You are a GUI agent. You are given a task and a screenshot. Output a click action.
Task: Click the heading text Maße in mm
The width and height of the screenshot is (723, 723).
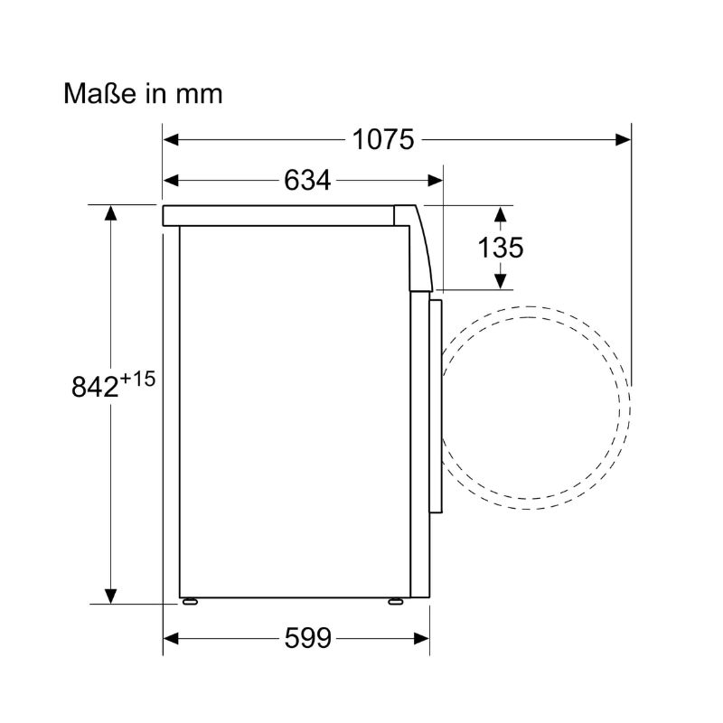click(x=143, y=93)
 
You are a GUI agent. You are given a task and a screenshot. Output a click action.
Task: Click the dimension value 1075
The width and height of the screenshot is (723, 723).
click(x=383, y=140)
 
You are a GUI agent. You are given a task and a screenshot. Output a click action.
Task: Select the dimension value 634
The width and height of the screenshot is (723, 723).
click(x=306, y=180)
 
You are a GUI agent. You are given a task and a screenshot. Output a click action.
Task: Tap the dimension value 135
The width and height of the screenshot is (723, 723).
click(x=501, y=248)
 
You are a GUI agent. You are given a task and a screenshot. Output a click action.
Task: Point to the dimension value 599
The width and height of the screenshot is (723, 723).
click(x=306, y=638)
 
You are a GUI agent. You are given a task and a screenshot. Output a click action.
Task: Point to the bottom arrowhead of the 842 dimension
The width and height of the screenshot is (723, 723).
click(x=110, y=596)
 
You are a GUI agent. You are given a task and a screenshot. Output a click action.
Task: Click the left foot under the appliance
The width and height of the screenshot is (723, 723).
click(x=189, y=600)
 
